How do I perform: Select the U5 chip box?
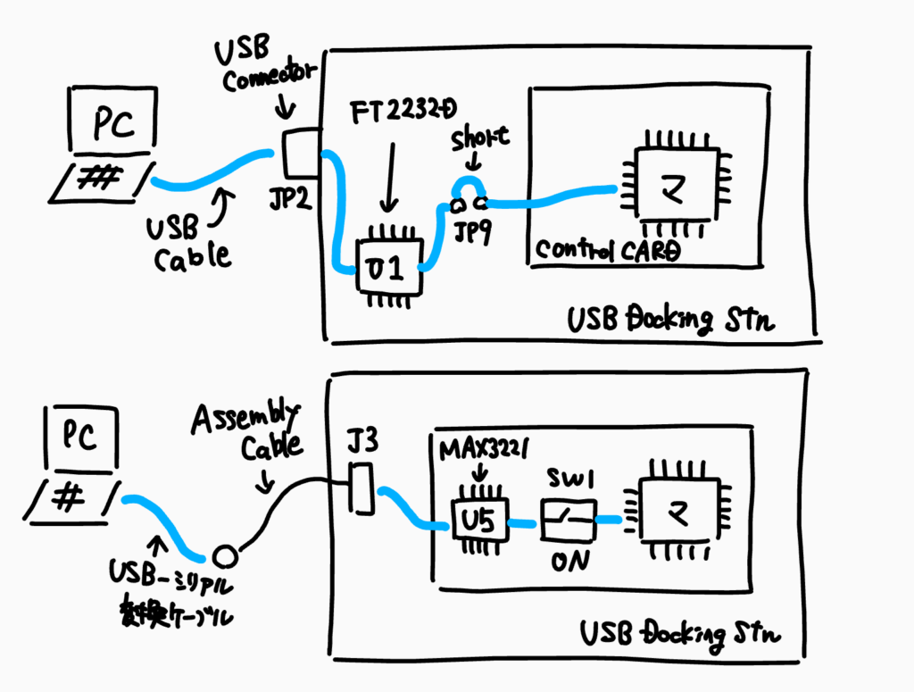point(478,520)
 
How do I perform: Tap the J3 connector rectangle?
point(361,489)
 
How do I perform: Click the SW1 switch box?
point(568,517)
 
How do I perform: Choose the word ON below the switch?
point(569,564)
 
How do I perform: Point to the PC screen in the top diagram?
point(113,124)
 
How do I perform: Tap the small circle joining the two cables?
point(225,555)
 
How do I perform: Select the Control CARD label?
point(606,250)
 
